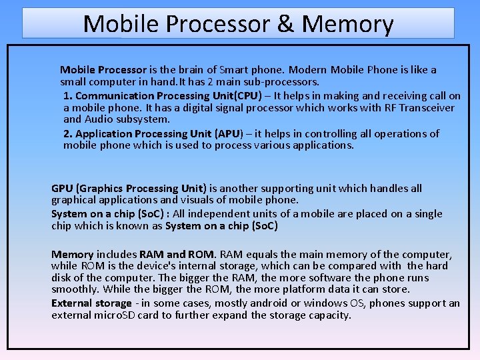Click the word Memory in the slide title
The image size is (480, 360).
coord(347,24)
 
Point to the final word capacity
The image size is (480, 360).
coord(329,315)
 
